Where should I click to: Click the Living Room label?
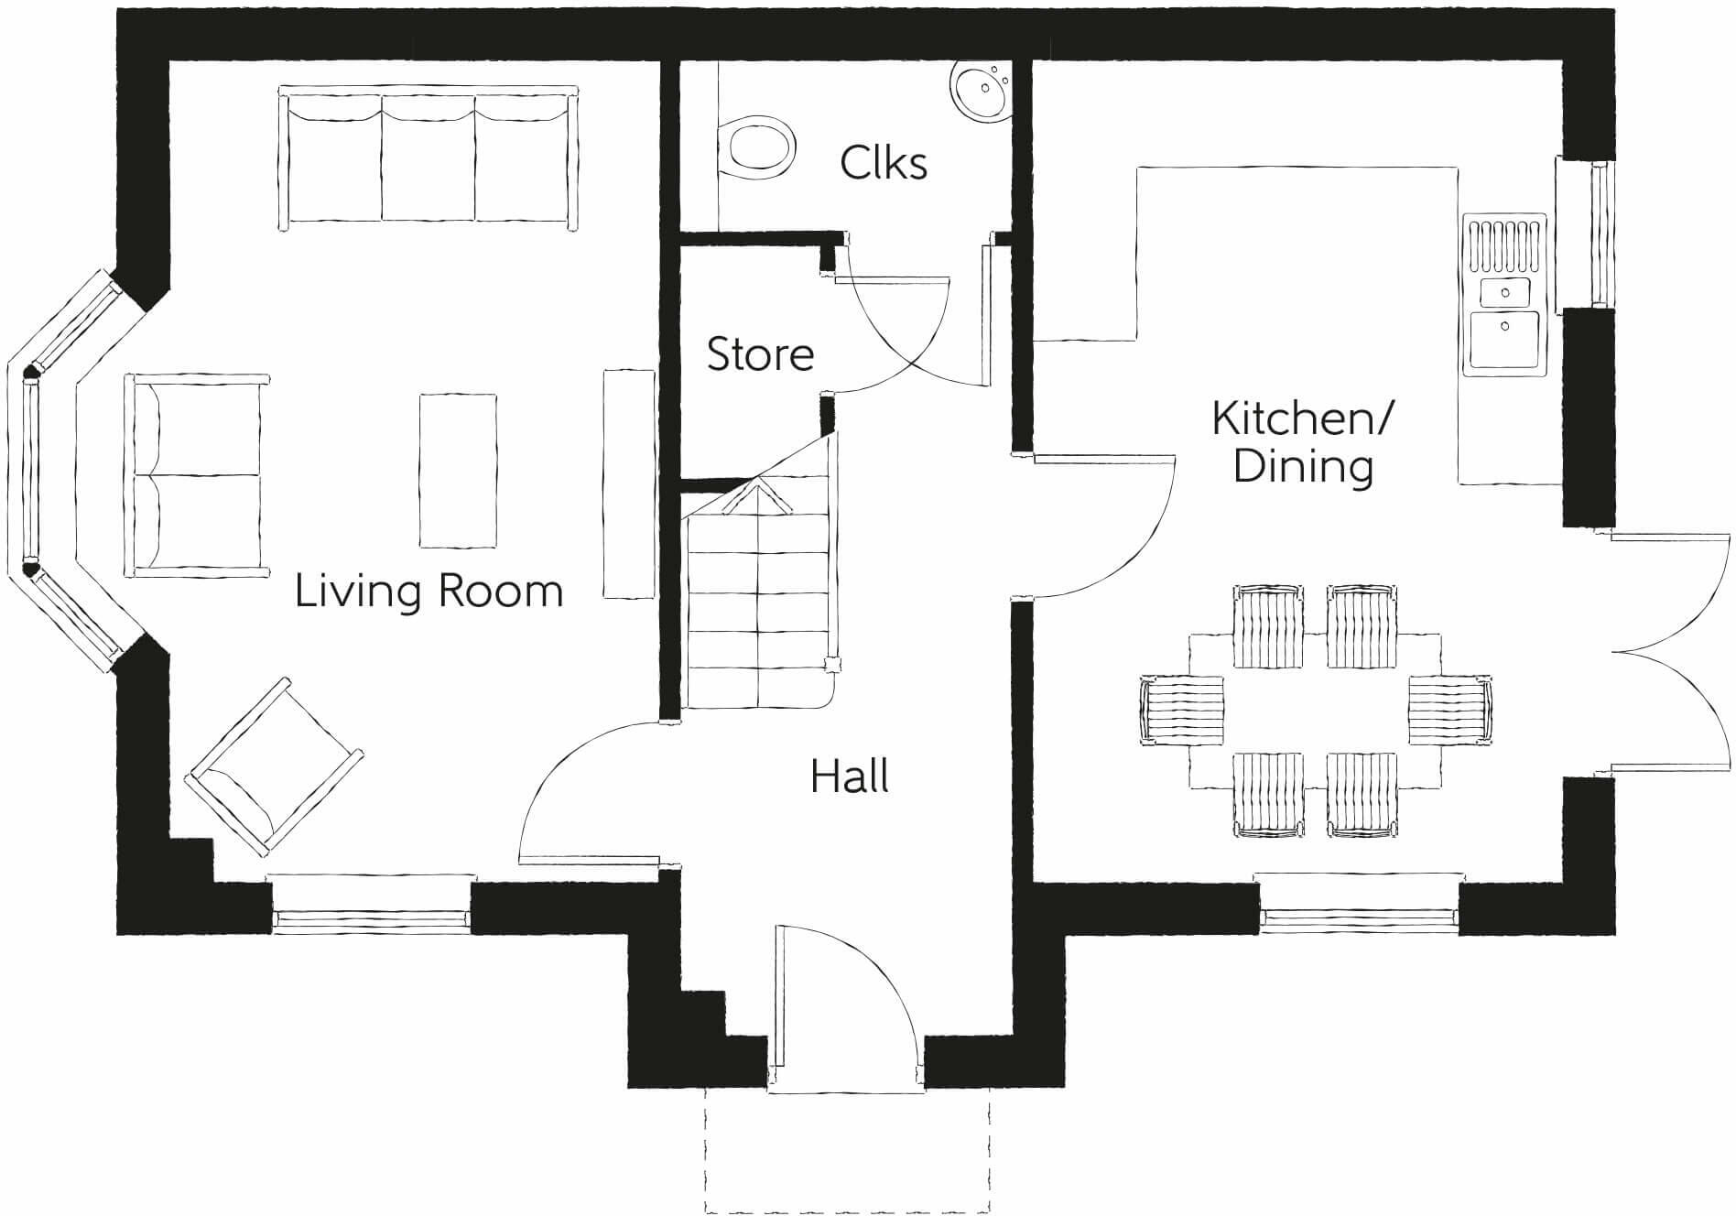point(429,591)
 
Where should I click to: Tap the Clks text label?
point(884,163)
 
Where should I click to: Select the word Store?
point(760,354)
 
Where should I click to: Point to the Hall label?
point(850,776)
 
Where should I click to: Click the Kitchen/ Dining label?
point(1302,442)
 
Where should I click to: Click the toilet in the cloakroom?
point(755,147)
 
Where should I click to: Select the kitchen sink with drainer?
point(1504,295)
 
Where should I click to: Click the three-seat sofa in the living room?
point(429,157)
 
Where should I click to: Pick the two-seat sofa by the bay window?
point(197,474)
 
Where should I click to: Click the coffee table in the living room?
point(458,471)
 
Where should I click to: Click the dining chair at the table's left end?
point(1181,711)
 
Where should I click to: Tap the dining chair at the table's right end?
point(1448,711)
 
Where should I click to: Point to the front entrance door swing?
point(842,998)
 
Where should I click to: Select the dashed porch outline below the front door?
point(847,1154)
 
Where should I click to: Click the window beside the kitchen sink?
point(1598,233)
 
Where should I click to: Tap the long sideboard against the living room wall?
point(629,483)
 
